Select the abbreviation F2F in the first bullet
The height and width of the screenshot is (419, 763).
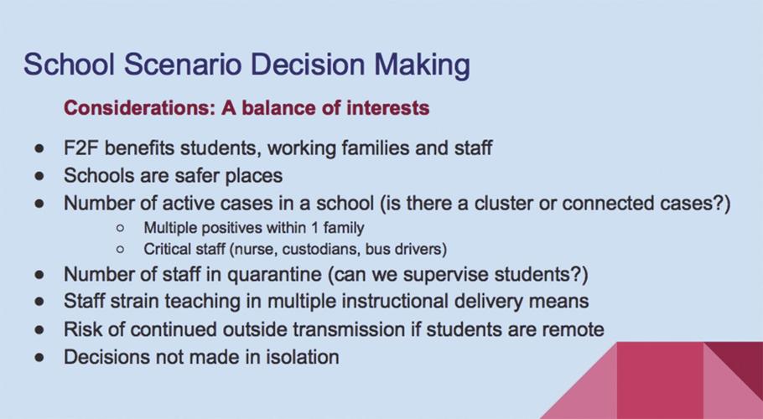click(x=81, y=148)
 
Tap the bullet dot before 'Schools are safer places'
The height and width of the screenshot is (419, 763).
click(x=39, y=176)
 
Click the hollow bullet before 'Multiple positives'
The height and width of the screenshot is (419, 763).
click(x=122, y=228)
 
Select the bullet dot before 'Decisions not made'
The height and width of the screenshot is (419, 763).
click(x=39, y=357)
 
